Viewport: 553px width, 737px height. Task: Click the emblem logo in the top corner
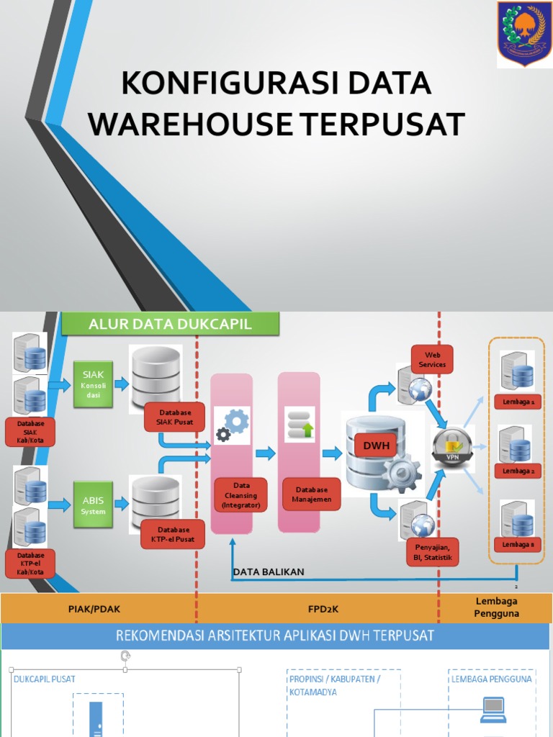(x=523, y=32)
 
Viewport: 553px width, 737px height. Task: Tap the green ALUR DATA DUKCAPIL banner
(x=170, y=324)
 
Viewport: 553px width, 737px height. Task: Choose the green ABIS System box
(x=94, y=505)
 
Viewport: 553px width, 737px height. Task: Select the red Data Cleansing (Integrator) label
(x=240, y=496)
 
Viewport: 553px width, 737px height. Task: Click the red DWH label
(x=376, y=446)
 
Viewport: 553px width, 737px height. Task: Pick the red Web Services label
(x=432, y=359)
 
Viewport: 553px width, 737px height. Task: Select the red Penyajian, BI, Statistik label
(x=432, y=551)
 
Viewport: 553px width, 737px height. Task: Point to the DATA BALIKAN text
(x=269, y=572)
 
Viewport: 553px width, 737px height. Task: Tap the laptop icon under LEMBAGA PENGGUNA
(x=493, y=710)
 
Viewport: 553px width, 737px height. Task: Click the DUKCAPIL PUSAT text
(x=45, y=679)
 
